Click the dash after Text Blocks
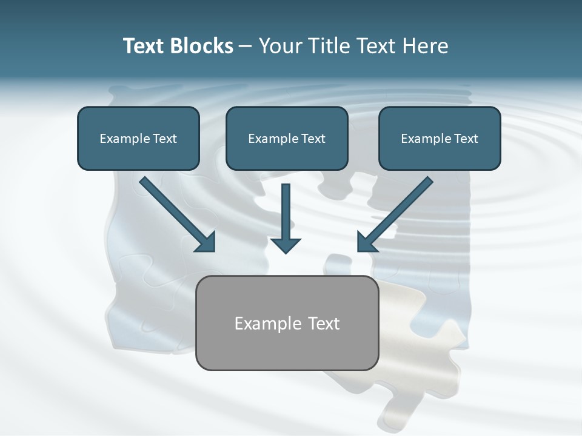(x=246, y=47)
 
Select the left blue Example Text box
(x=138, y=138)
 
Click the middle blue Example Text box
(x=287, y=138)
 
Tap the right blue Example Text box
(x=440, y=138)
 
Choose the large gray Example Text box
(x=287, y=323)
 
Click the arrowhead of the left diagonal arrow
(x=206, y=242)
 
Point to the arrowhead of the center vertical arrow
(x=286, y=245)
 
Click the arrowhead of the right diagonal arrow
(x=366, y=242)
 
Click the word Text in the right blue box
(x=466, y=139)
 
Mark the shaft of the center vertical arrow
(x=286, y=209)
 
